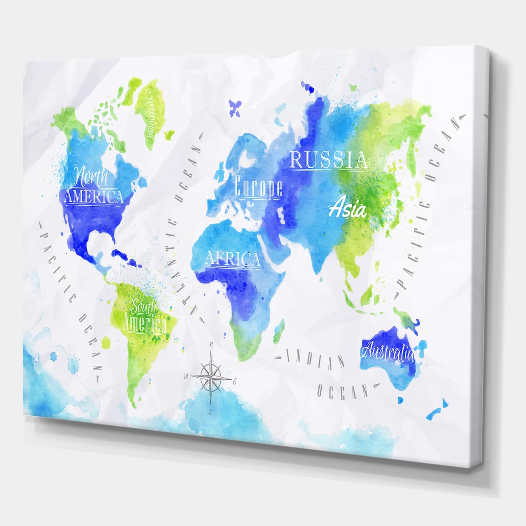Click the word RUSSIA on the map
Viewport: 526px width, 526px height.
pyautogui.click(x=328, y=160)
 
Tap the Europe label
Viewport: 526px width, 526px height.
pyautogui.click(x=258, y=187)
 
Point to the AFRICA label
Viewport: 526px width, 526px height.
pyautogui.click(x=233, y=259)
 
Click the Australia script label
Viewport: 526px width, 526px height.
pyautogui.click(x=388, y=351)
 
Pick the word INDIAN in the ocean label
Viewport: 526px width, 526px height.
pyautogui.click(x=315, y=358)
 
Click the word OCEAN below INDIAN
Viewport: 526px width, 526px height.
pyautogui.click(x=343, y=389)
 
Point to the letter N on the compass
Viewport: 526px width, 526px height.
pyautogui.click(x=212, y=345)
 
